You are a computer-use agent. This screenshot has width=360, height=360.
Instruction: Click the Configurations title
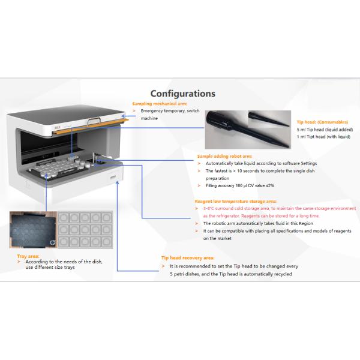tap(183, 94)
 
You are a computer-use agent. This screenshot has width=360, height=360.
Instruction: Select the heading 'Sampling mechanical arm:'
tap(160, 104)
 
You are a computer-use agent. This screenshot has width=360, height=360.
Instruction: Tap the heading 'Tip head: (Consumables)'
tap(322, 122)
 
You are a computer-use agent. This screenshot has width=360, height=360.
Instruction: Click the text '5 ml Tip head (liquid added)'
tap(325, 130)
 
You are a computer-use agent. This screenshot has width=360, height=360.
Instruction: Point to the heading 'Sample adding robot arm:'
tap(224, 157)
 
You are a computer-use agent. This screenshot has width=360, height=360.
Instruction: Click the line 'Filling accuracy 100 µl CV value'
tap(240, 185)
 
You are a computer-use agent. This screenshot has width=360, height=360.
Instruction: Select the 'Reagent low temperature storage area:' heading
tap(236, 202)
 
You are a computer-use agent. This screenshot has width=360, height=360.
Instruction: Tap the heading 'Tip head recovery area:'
tap(188, 258)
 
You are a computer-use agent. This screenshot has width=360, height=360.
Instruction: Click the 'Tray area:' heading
tap(28, 256)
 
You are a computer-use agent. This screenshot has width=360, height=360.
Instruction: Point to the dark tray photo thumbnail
tap(33, 230)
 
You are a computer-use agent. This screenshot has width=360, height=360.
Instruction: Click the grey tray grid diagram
tap(85, 230)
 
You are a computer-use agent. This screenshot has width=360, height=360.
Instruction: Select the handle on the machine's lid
tap(94, 121)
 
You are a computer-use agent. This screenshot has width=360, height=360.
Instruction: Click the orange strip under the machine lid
tap(91, 127)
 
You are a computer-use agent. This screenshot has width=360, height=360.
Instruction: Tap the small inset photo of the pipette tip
tap(269, 119)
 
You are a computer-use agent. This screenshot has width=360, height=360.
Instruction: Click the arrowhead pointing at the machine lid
tap(124, 116)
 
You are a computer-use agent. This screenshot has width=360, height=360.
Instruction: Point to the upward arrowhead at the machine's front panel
tap(118, 183)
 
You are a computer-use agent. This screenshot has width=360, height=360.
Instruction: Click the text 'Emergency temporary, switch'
tap(170, 111)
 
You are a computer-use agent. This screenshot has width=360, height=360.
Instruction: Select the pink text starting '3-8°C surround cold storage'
tap(280, 212)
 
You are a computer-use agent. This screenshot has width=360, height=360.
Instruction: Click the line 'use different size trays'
tap(50, 267)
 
